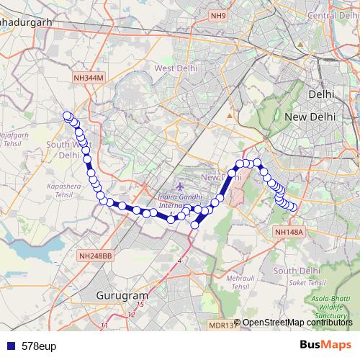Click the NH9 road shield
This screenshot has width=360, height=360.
[x=218, y=14]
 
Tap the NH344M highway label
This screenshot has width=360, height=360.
[x=88, y=77]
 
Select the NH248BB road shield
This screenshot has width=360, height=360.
[x=95, y=255]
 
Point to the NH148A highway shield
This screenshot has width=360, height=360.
[x=289, y=231]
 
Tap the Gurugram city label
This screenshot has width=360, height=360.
[x=122, y=296]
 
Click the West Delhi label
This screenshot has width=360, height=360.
[x=175, y=68]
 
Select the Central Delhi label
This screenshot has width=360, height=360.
[x=333, y=15]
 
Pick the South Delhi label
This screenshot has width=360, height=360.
[x=295, y=270]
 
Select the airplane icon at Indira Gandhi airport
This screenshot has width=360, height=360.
[x=178, y=188]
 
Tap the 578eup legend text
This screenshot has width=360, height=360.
[x=38, y=346]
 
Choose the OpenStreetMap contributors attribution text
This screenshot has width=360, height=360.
[x=297, y=323]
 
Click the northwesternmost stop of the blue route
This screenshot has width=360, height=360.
[x=67, y=115]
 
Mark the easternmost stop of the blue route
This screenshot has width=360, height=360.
[x=293, y=208]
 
